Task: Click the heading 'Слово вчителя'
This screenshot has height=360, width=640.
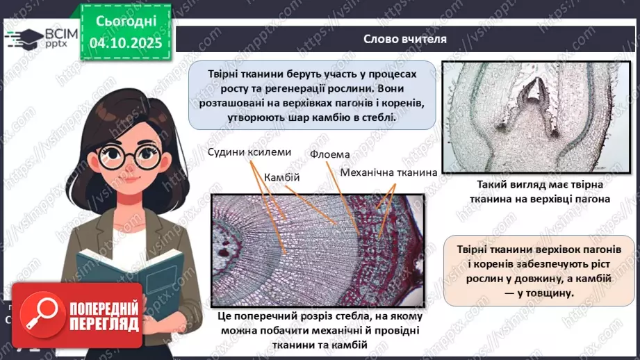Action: point(405,38)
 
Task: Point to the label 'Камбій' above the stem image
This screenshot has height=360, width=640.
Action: point(282,177)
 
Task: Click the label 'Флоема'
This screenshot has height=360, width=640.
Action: point(329,154)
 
